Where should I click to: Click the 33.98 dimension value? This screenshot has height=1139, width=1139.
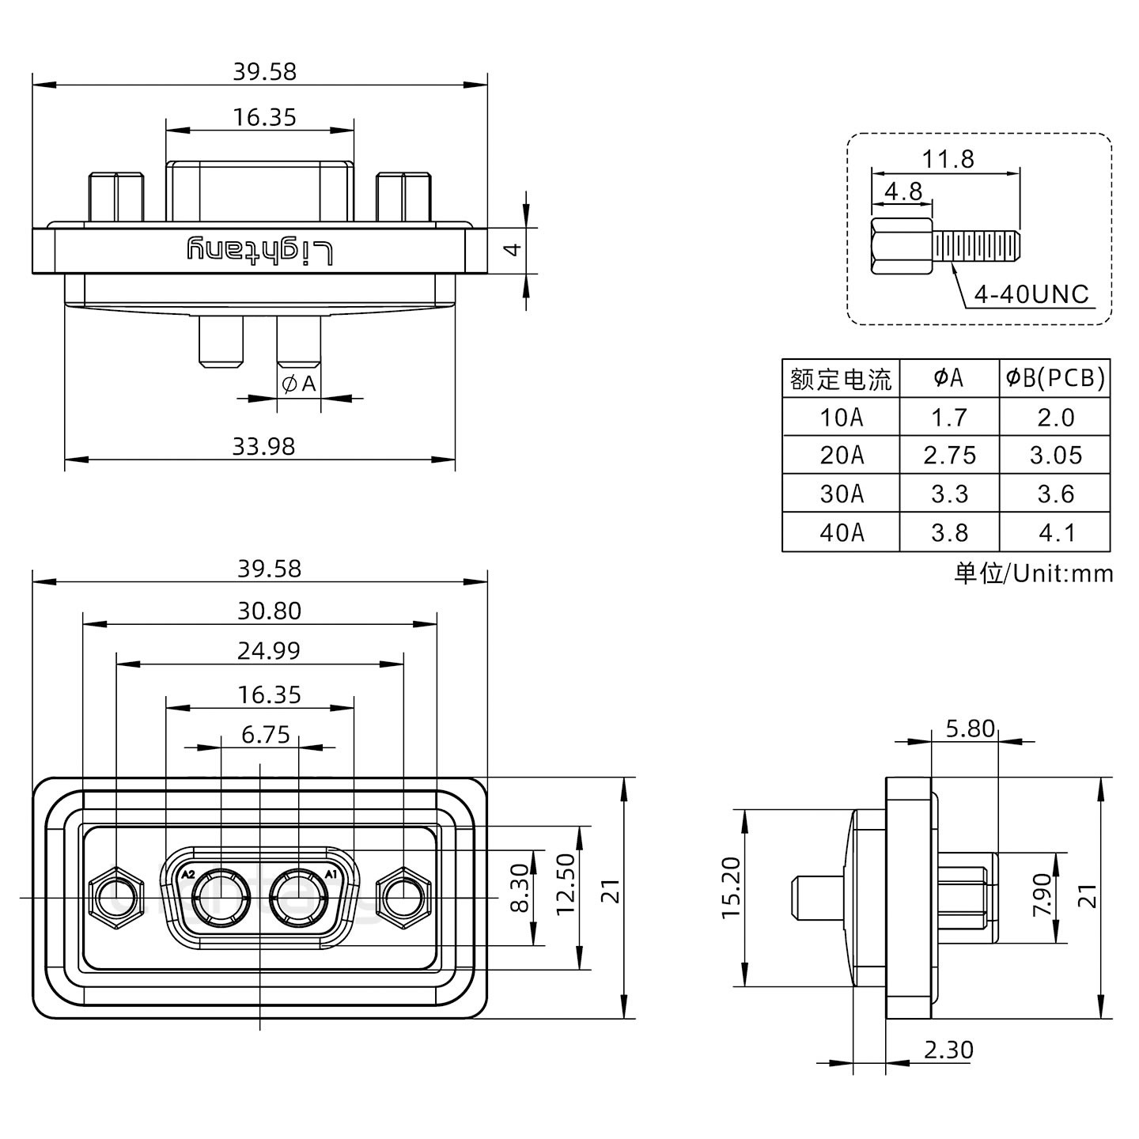(263, 447)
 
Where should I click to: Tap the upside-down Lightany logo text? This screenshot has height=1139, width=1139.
(260, 249)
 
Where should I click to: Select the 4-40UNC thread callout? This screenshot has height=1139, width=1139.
(1031, 295)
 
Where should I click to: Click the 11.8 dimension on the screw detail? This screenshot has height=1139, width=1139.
(948, 159)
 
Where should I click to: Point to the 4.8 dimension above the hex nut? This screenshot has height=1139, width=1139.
(902, 191)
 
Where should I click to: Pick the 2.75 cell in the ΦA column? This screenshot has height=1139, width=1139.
(949, 456)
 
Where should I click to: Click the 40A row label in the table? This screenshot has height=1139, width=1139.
(841, 532)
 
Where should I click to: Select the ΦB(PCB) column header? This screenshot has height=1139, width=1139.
(1055, 379)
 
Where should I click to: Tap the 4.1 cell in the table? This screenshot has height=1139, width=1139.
(1055, 532)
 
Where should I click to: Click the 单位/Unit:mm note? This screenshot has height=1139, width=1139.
(1033, 573)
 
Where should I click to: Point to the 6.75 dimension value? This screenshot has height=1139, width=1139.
(266, 735)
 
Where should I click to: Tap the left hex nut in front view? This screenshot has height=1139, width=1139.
(116, 899)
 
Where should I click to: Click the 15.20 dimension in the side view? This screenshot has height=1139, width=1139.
(731, 898)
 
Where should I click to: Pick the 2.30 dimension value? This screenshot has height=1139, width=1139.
(948, 1050)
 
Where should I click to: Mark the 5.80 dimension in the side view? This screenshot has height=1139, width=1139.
(970, 728)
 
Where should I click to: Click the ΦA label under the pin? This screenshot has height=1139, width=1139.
(299, 384)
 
